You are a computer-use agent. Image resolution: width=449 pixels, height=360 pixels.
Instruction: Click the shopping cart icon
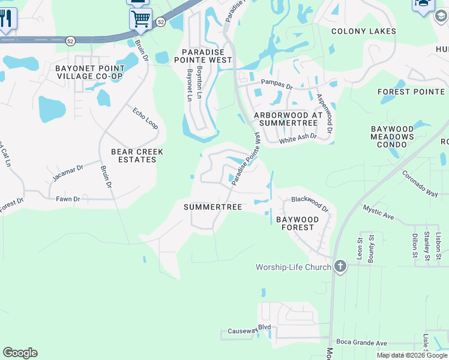point(140,19)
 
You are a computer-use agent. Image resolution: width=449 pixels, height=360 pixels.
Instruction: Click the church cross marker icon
point(340,266)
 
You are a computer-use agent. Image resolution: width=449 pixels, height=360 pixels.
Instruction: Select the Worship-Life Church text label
point(293,267)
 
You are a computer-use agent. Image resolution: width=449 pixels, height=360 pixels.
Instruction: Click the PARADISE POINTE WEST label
point(203,56)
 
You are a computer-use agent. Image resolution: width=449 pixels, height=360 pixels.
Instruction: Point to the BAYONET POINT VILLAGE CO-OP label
point(89,72)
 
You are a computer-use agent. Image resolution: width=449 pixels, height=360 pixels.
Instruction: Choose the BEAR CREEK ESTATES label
point(137,156)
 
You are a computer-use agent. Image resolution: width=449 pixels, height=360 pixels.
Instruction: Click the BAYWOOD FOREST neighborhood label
point(297,224)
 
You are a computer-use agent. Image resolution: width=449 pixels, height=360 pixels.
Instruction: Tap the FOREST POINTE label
point(411,92)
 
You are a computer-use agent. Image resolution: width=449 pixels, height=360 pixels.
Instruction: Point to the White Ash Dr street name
point(297,140)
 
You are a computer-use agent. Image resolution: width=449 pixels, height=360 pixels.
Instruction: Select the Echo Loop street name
point(146,118)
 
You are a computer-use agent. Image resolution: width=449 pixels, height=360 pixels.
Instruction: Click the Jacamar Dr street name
point(67,172)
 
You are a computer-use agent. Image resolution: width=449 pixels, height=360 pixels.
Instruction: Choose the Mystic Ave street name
point(378,211)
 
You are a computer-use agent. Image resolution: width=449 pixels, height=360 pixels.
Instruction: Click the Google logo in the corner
point(20,352)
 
